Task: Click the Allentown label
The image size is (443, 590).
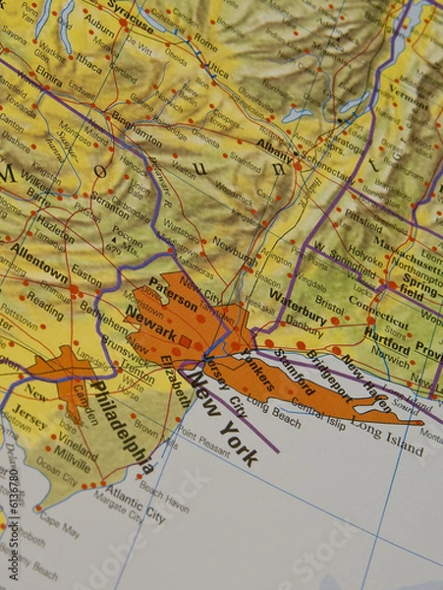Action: click(x=40, y=260)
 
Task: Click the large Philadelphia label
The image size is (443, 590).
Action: click(x=123, y=429)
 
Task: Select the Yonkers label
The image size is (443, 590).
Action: click(x=255, y=368)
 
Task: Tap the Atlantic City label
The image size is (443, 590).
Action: click(x=135, y=500)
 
